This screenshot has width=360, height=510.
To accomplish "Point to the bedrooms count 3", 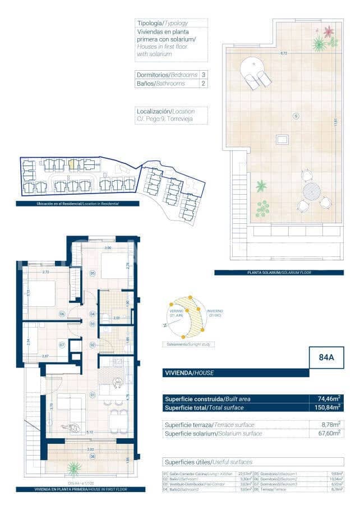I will pos(203,75).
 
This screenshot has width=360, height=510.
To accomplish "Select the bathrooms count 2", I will pos(203,84).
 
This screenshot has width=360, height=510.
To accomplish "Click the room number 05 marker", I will pos(92,273).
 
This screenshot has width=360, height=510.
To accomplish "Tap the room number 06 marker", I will pos(62,314).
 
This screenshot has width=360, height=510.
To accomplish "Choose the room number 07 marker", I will pos(62,344).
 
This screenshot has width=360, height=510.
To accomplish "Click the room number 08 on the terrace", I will pos(93,456).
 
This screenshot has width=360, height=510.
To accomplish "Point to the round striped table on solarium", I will pos(311,192).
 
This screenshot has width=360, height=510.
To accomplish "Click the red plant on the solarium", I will pos(327,31).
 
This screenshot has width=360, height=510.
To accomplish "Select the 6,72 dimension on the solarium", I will pos(284,53).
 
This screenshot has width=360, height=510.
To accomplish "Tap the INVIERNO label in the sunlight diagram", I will pos(214,313).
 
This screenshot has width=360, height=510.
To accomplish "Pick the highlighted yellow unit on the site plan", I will pos(72,164).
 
